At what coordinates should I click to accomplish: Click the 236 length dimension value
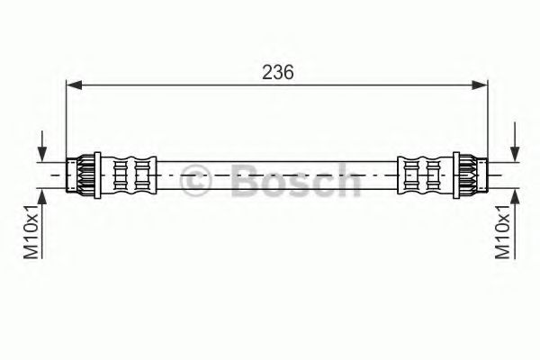pyautogui.click(x=277, y=73)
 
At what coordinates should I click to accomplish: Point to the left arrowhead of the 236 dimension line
pyautogui.click(x=74, y=85)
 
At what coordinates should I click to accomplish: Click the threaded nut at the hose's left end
pyautogui.click(x=84, y=173)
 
